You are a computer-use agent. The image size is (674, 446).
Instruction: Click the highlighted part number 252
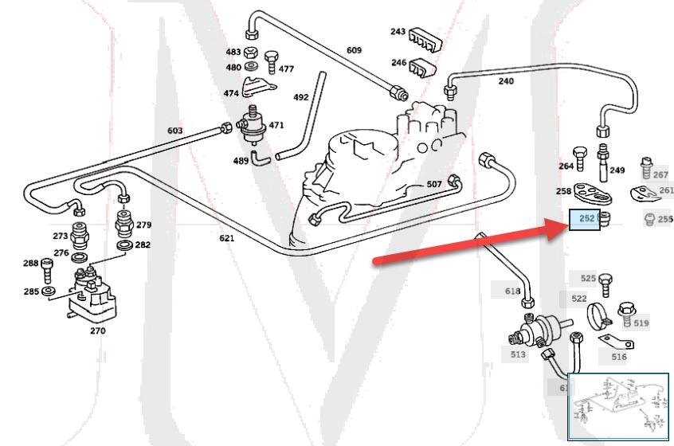pyautogui.click(x=586, y=218)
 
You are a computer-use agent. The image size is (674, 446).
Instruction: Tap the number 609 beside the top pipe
pyautogui.click(x=354, y=50)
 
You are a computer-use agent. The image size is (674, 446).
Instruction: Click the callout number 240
pyautogui.click(x=506, y=80)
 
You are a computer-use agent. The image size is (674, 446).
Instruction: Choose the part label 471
pyautogui.click(x=276, y=125)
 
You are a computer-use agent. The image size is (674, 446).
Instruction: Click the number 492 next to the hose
pyautogui.click(x=300, y=97)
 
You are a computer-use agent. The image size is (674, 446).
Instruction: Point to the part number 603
pyautogui.click(x=175, y=131)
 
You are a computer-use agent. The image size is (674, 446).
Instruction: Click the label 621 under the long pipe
pyautogui.click(x=227, y=238)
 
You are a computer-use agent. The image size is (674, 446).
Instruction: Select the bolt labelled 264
pyautogui.click(x=581, y=156)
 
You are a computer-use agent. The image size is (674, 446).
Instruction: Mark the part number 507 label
pyautogui.click(x=434, y=184)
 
